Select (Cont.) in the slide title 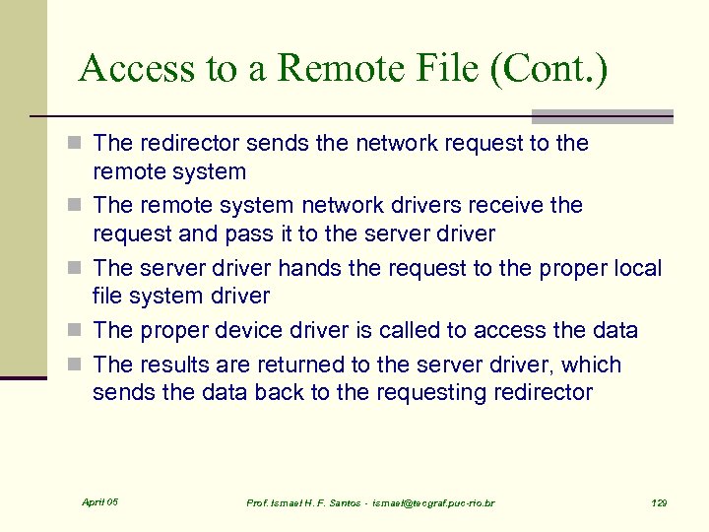pyautogui.click(x=556, y=69)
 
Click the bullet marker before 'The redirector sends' pyautogui.click(x=81, y=144)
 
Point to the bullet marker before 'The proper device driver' pyautogui.click(x=81, y=331)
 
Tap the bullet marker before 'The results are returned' pyautogui.click(x=81, y=366)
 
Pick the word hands pyautogui.click(x=310, y=268)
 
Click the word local pyautogui.click(x=636, y=268)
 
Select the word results pyautogui.click(x=175, y=365)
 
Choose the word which pyautogui.click(x=593, y=365)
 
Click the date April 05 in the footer pyautogui.click(x=99, y=502)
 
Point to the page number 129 pyautogui.click(x=660, y=503)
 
